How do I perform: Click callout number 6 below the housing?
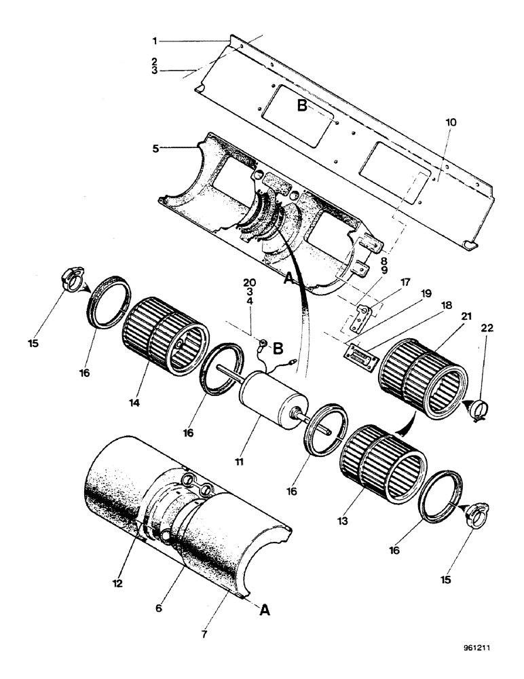(158, 609)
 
